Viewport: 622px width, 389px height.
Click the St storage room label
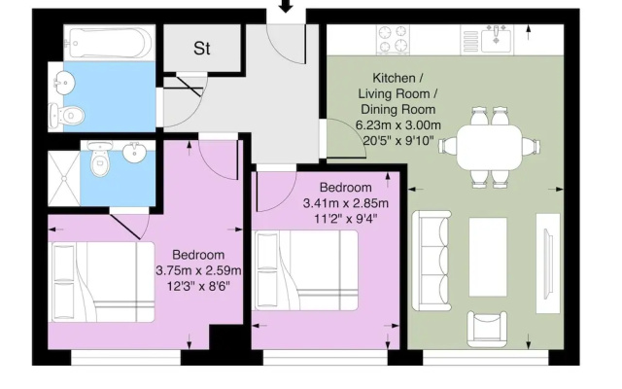[201, 49]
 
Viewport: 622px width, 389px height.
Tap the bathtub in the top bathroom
[110, 43]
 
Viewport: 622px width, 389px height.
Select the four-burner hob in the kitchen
[393, 39]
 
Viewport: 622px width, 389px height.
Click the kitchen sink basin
[496, 39]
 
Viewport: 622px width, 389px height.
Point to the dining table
[489, 147]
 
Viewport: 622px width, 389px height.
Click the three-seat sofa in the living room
[432, 261]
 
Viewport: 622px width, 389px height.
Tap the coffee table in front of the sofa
[488, 257]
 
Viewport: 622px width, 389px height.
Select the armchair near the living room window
[487, 329]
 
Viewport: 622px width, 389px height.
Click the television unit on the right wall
[548, 264]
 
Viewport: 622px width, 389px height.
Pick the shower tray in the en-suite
[64, 173]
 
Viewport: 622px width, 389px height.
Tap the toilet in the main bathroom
[67, 116]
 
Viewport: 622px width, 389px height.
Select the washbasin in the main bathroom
[62, 82]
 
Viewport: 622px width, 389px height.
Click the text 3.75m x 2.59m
[198, 270]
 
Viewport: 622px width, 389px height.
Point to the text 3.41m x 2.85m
[346, 203]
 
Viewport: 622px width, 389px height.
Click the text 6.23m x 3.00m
[397, 125]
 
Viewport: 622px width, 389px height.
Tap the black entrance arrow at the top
[286, 6]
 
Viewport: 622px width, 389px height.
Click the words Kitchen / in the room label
[397, 78]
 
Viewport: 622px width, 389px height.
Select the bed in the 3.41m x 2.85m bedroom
[305, 270]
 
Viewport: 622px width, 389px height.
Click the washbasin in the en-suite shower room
[135, 153]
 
